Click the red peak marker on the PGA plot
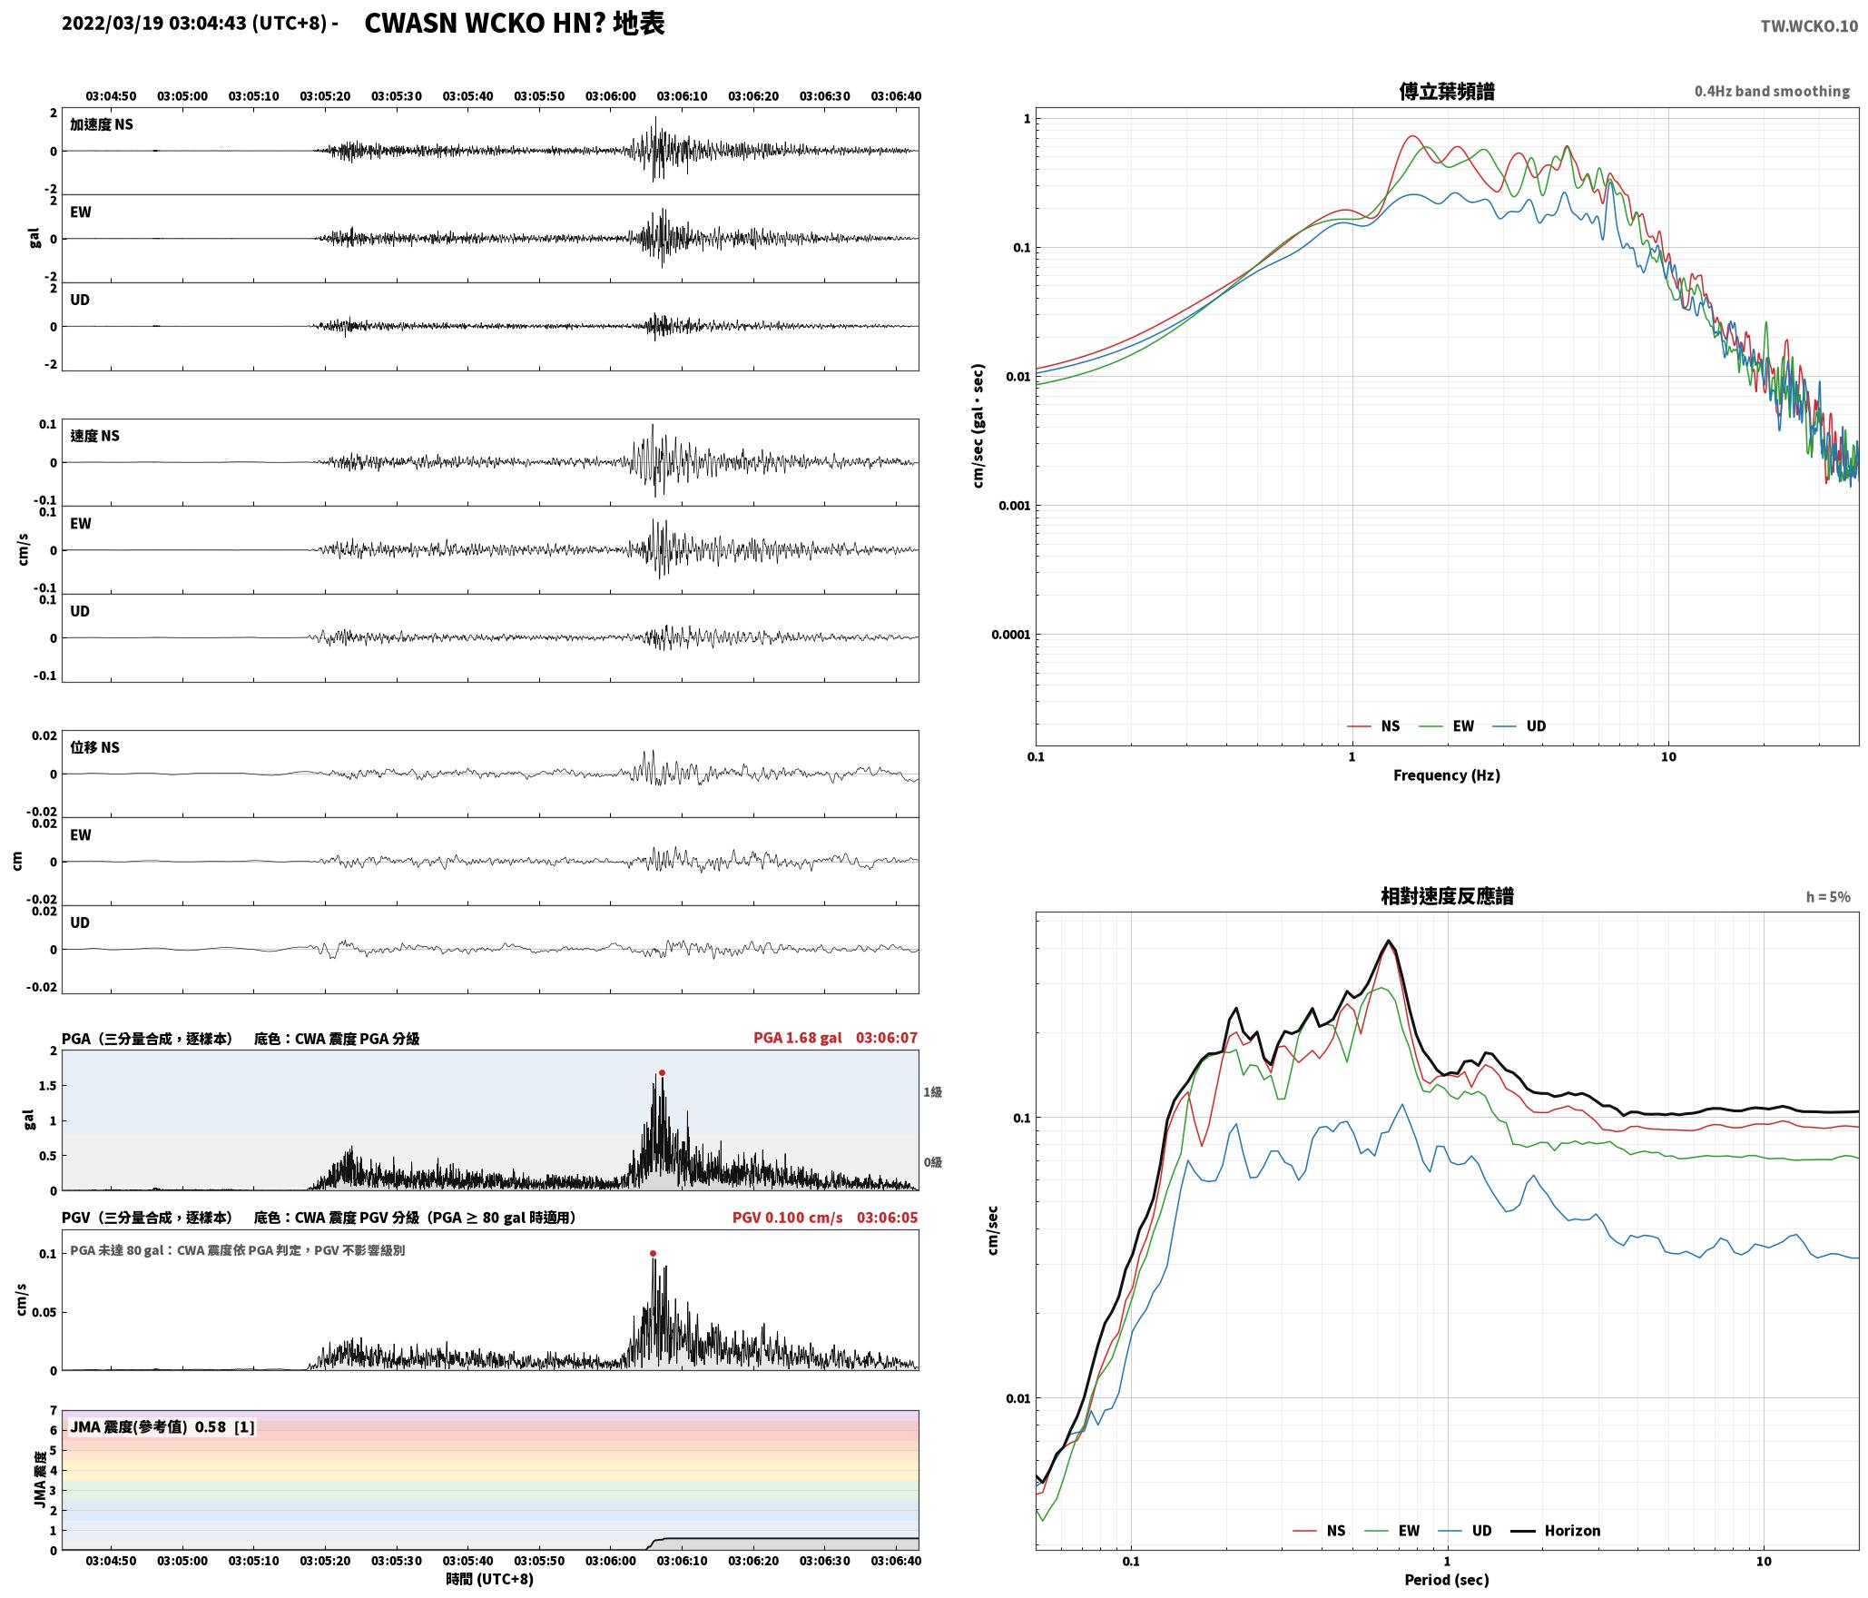point(662,1073)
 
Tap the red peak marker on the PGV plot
point(653,1254)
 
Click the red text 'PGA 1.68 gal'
point(797,1038)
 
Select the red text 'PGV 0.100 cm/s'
point(787,1218)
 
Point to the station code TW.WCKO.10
point(1809,26)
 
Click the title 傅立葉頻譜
point(1447,91)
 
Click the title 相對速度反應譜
point(1447,896)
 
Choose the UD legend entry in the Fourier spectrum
point(1519,726)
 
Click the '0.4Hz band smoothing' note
point(1772,92)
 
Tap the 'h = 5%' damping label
point(1828,897)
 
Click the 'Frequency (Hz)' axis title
point(1447,775)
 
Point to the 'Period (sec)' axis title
point(1447,1580)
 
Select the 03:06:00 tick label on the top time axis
point(610,96)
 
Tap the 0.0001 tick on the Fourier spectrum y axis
point(1011,635)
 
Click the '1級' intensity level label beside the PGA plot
point(932,1092)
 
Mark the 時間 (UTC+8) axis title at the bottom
point(489,1579)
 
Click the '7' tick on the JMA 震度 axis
point(54,1411)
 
